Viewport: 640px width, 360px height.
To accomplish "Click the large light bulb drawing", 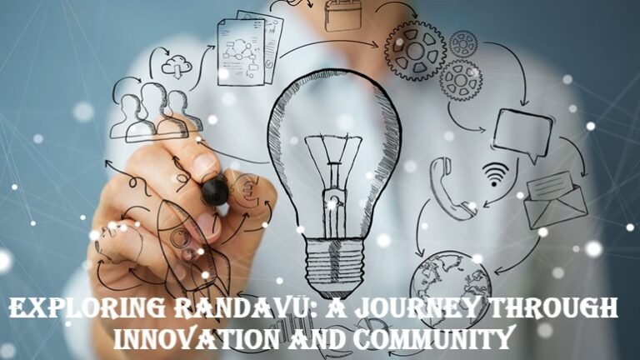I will click(333, 158).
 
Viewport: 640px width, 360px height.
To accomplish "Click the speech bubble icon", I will click(522, 132).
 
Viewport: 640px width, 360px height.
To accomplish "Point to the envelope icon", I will click(555, 200).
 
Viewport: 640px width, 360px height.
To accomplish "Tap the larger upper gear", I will click(415, 52).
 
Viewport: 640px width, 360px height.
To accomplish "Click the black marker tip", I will click(214, 191).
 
